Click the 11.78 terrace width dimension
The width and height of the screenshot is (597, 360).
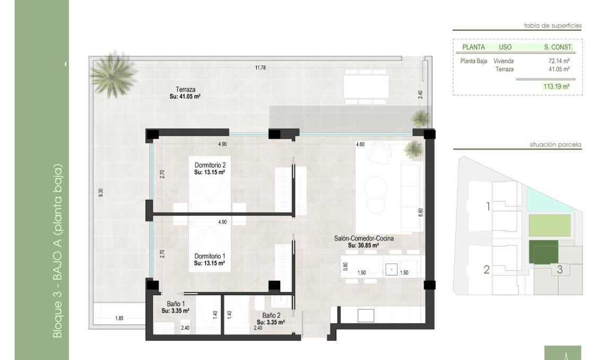(259, 67)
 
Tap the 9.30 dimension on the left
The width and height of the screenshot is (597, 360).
(100, 193)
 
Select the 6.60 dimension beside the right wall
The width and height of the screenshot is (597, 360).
(420, 211)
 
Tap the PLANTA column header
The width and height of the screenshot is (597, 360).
(474, 47)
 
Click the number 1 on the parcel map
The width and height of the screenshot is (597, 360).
(488, 207)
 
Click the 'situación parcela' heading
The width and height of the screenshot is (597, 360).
(556, 144)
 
